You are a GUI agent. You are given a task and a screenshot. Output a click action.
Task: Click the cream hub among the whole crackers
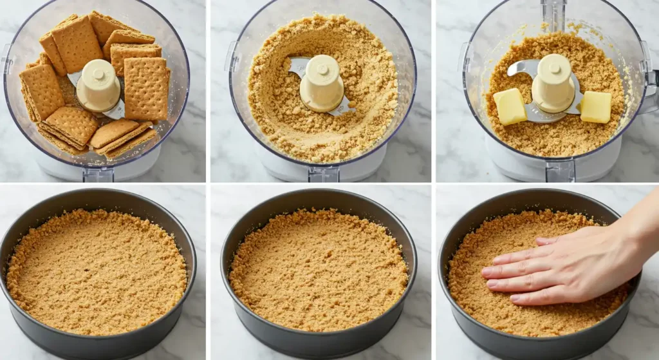pos(98,85)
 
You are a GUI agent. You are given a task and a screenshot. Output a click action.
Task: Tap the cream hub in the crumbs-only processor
pos(321,82)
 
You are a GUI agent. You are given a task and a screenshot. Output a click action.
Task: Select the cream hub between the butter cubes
pos(553,82)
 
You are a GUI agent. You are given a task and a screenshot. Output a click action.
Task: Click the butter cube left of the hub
pos(509,106)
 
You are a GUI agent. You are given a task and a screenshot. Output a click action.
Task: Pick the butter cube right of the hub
pos(596,107)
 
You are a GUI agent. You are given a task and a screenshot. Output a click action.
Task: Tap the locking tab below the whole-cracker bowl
pos(98,174)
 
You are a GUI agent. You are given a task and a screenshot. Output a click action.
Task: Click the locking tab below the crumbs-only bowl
pos(323,174)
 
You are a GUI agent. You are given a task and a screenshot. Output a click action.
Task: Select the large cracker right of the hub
pos(146,89)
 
